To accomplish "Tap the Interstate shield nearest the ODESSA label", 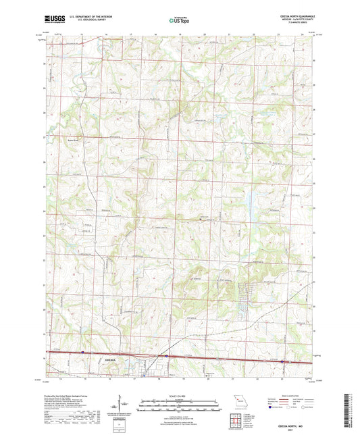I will pos(82,351).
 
